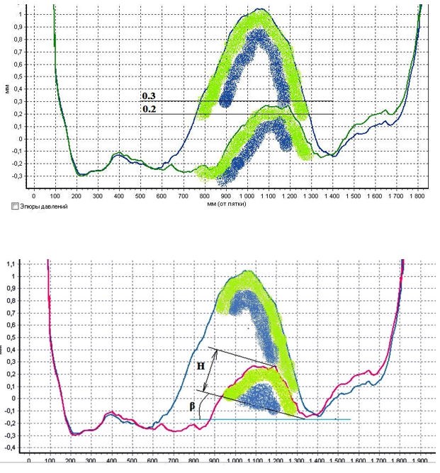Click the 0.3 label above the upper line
pyautogui.click(x=150, y=96)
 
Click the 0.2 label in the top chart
pyautogui.click(x=150, y=109)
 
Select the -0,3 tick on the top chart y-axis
pyautogui.click(x=11, y=176)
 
